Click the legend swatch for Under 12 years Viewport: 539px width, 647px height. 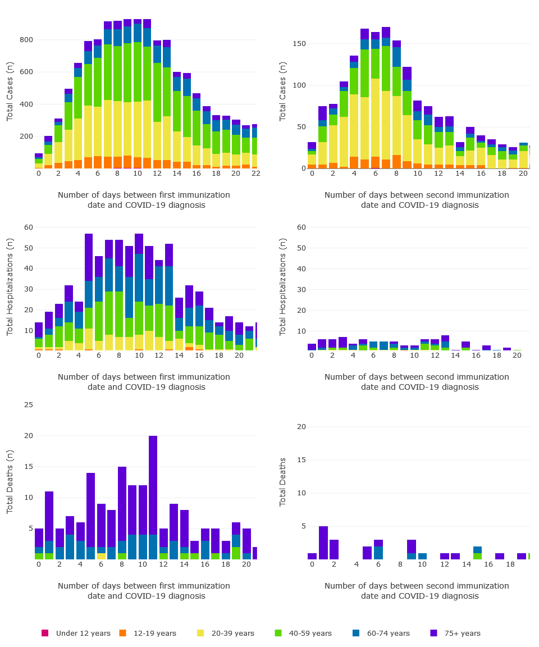click(45, 633)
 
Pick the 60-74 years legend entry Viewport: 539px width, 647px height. click(388, 633)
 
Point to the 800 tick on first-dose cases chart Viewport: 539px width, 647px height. click(26, 40)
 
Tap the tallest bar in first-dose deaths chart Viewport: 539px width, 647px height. click(153, 497)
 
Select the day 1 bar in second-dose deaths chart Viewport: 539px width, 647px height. click(323, 543)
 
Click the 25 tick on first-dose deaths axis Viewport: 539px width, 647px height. click(29, 405)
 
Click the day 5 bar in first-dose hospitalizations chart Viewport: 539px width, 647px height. click(89, 292)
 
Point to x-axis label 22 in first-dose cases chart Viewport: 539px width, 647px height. click(255, 174)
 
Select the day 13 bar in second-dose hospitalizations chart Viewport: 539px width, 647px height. click(445, 343)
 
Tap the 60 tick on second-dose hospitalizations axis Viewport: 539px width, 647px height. click(302, 227)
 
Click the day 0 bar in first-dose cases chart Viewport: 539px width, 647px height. click(39, 161)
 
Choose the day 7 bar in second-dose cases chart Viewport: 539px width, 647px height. click(386, 98)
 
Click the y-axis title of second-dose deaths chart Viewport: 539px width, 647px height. click(283, 482)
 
